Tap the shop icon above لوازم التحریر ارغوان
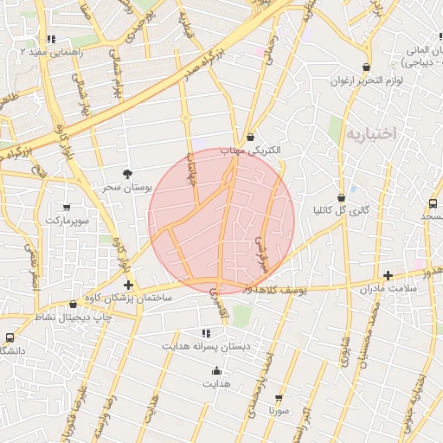pos(367,67)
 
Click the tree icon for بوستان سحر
pos(128,174)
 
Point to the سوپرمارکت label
pos(67,221)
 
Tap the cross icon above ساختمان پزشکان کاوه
pos(128,285)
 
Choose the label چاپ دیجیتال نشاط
pos(74,317)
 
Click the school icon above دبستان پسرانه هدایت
pos(206,333)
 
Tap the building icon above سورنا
pos(279,398)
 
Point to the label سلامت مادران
pos(388,287)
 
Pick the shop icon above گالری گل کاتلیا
pos(341,197)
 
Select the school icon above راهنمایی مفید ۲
pos(51,39)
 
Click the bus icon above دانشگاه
pos(10,337)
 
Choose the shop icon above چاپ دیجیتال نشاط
pos(74,305)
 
